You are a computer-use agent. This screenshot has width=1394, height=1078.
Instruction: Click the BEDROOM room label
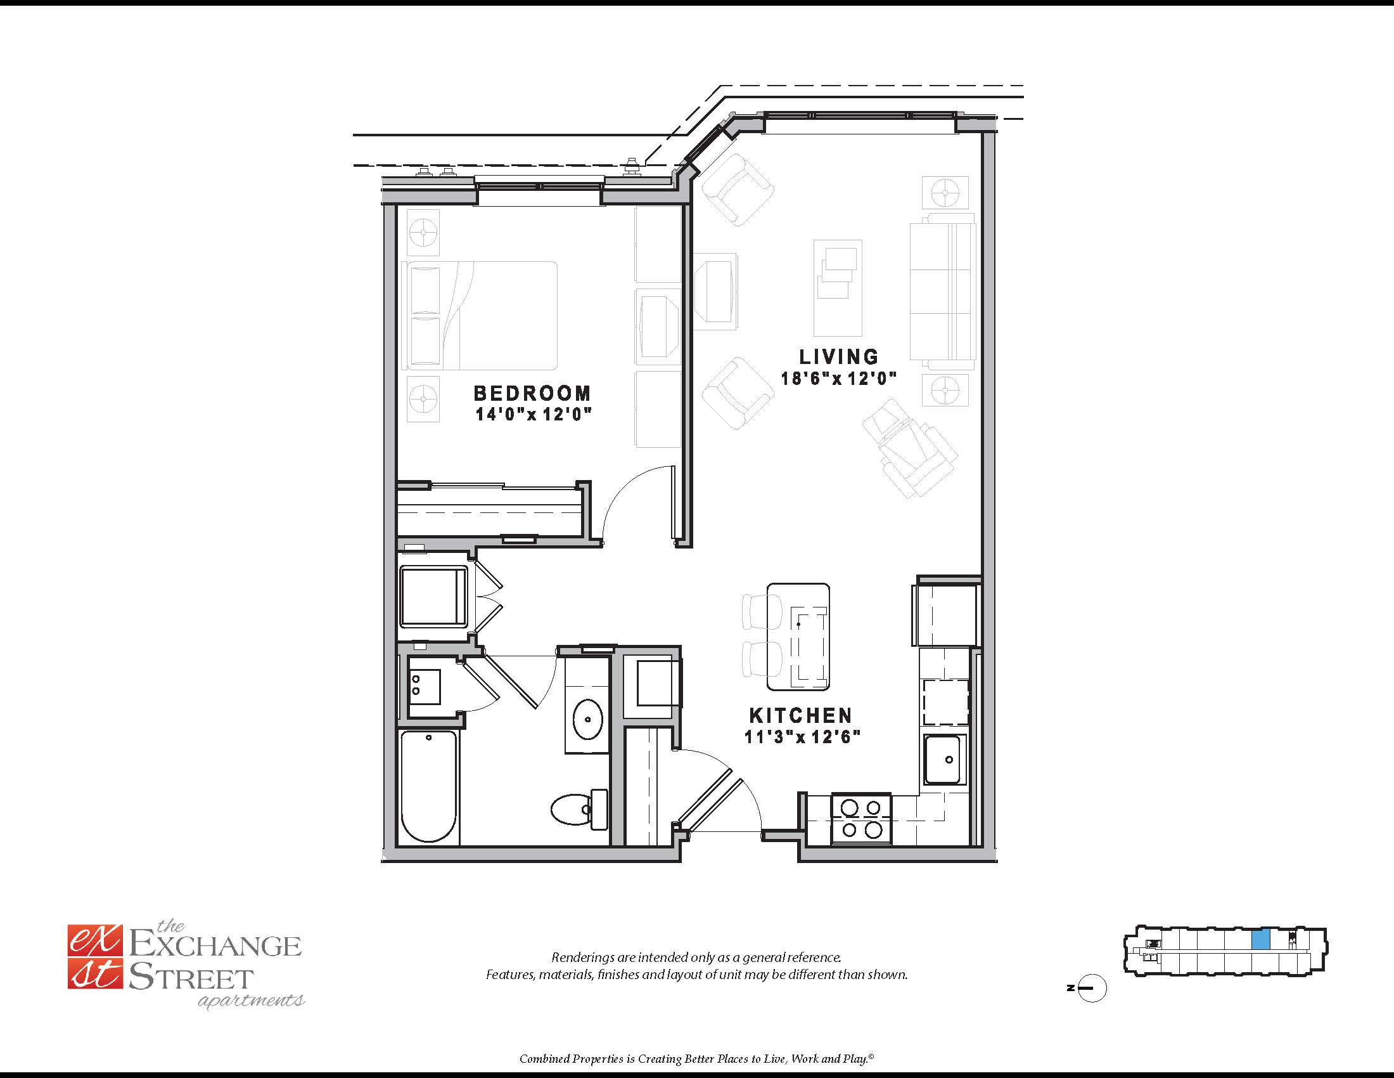tap(532, 393)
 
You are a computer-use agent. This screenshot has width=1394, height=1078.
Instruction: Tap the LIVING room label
tap(839, 356)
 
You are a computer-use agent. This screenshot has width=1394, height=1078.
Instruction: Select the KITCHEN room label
tap(801, 715)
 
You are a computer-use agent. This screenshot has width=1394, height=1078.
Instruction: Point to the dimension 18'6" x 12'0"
tap(839, 379)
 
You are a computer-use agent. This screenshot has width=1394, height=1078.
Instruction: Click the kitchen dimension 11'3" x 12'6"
tap(802, 737)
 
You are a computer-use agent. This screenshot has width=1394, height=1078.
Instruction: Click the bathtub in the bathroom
tap(429, 787)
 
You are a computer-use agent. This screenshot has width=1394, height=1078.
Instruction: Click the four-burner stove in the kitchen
tap(861, 819)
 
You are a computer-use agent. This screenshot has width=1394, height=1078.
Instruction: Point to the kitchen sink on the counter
tap(943, 759)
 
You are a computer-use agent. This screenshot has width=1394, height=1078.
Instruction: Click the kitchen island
tap(798, 637)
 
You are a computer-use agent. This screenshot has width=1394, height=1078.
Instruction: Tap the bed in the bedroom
tap(480, 316)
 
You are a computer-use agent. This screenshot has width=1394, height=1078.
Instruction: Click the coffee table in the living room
tap(838, 287)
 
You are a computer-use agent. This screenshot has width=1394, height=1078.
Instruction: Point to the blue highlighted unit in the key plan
tap(1260, 940)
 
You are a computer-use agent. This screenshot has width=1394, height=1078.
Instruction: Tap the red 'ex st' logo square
tap(94, 958)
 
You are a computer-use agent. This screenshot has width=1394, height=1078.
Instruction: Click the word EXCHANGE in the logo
tap(215, 946)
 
